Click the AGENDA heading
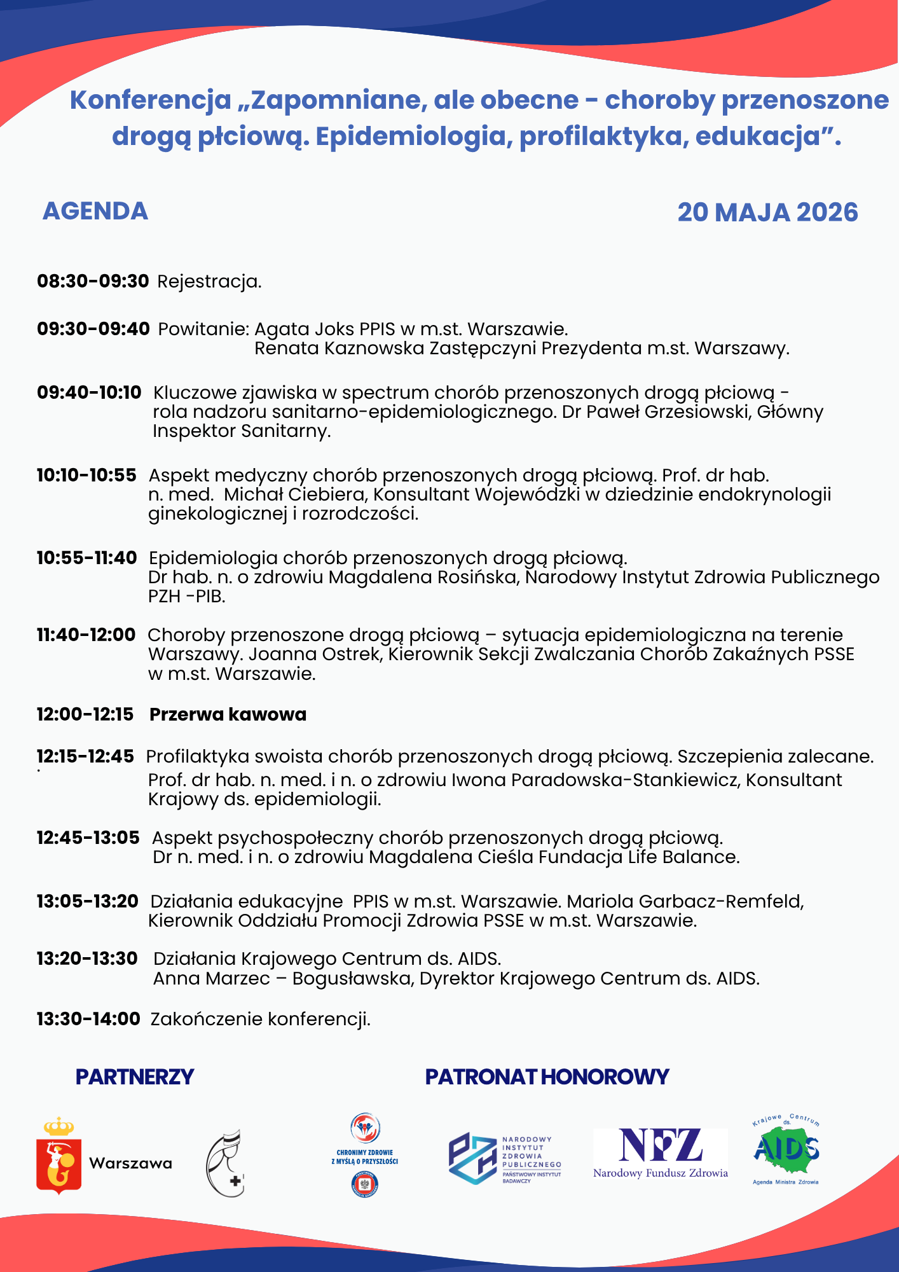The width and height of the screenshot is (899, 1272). point(95,211)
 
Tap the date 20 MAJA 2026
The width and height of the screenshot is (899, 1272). point(767,212)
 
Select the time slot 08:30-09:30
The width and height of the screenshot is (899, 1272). point(93,281)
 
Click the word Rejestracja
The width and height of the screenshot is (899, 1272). point(209,281)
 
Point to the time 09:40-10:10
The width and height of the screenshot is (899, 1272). point(89,392)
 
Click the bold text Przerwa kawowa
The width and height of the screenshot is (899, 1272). point(228,714)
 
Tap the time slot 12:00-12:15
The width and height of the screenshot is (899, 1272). point(85,714)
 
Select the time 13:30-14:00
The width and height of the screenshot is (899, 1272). point(88,1019)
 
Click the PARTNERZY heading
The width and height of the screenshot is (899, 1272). point(135,1077)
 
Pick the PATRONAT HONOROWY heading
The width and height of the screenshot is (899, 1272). point(547,1077)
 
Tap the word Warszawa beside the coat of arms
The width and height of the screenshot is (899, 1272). point(131,1163)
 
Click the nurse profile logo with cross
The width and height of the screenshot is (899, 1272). point(226,1163)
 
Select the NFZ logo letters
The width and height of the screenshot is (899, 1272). point(660,1145)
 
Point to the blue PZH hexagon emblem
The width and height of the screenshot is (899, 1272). point(472,1158)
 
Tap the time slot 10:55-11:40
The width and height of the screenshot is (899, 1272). point(86,558)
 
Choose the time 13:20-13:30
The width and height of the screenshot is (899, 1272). point(87,958)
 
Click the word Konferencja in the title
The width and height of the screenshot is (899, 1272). point(151,100)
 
